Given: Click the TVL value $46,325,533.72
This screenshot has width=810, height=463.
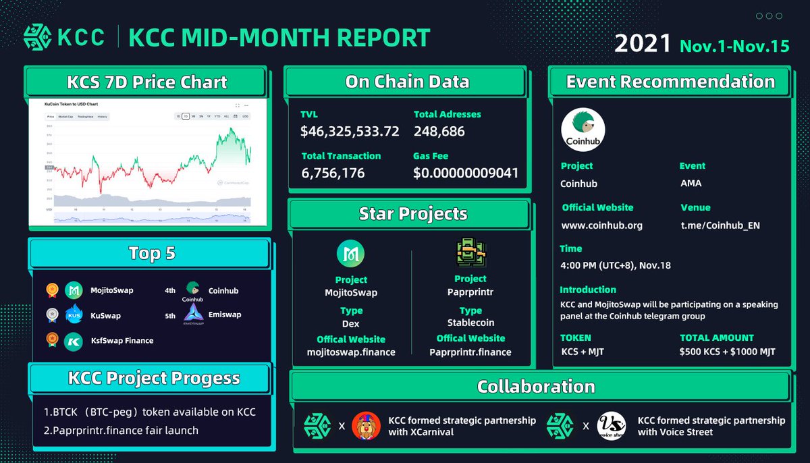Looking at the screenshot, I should [350, 132].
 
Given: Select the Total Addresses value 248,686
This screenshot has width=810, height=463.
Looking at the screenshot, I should [439, 132].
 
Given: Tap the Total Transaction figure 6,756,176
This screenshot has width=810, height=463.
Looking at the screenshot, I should [333, 173].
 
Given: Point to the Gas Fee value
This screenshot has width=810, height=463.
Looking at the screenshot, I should [466, 173].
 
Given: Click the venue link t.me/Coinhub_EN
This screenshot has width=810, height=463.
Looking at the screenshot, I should [720, 225].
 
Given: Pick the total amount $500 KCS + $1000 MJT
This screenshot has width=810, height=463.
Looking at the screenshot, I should [728, 352].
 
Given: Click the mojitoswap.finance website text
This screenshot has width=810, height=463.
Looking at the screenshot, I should [351, 352].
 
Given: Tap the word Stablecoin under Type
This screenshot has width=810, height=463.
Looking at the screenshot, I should [470, 323].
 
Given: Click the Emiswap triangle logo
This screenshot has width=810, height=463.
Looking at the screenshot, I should [192, 313].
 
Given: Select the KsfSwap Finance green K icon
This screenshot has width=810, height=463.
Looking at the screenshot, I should [73, 341].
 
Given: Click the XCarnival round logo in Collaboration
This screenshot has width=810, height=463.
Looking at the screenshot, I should [367, 427].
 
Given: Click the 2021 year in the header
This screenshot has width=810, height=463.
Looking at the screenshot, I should [642, 45].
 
